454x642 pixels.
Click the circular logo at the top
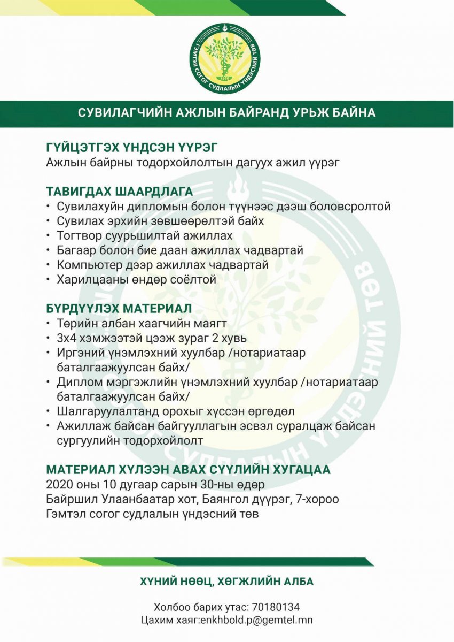tap(227, 58)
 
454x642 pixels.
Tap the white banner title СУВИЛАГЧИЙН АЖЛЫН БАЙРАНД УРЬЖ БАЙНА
tap(227, 113)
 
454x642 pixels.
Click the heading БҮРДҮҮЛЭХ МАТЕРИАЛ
tap(119, 309)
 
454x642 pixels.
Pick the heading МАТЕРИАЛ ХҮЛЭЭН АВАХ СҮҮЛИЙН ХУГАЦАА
tap(188, 470)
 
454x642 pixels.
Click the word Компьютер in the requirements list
tap(89, 264)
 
